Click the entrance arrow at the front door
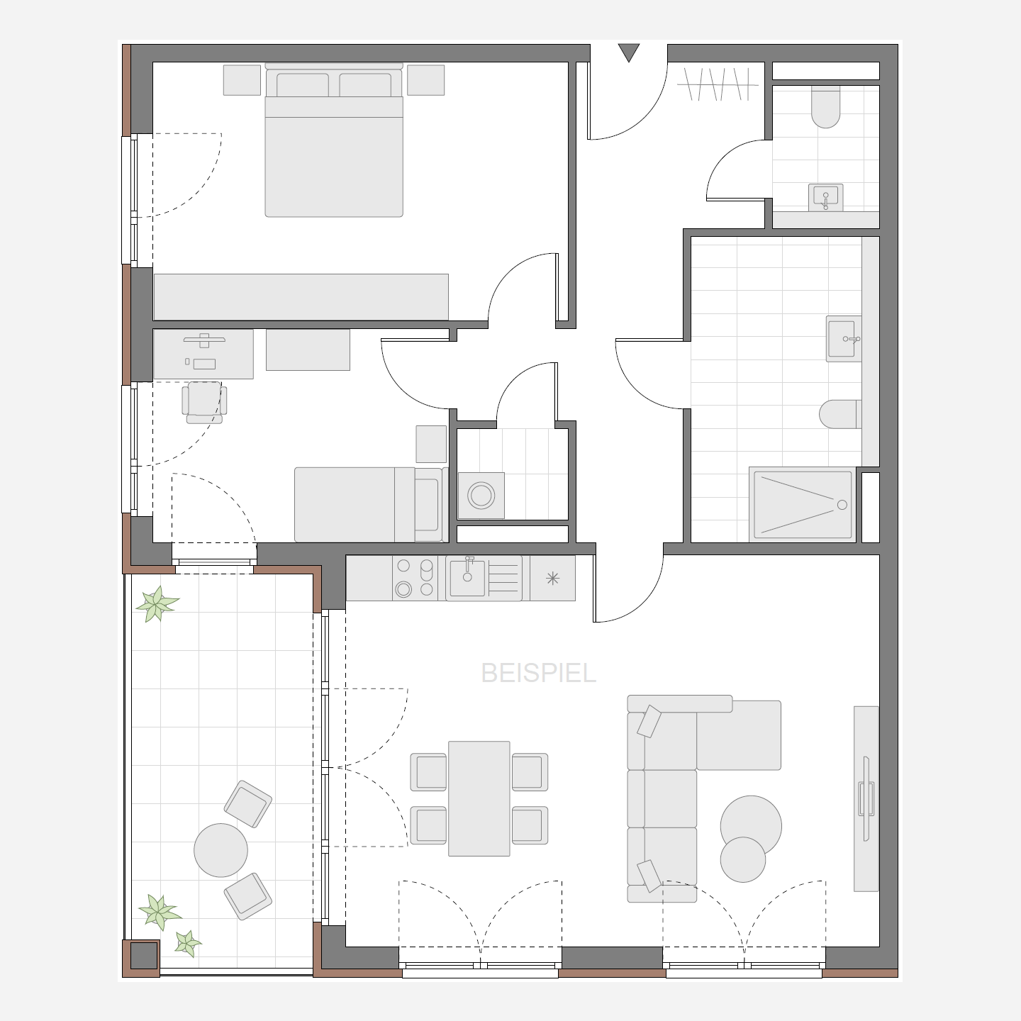point(629,52)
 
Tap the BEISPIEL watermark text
point(538,674)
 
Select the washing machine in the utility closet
point(481,496)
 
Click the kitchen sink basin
point(467,578)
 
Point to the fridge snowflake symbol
point(552,578)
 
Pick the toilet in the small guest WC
point(825,107)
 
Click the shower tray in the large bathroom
point(803,505)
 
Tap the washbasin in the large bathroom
point(844,339)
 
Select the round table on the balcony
point(221,850)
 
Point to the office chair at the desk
point(204,402)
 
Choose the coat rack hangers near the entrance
point(718,84)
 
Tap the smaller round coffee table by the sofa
point(743,859)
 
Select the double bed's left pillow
point(303,85)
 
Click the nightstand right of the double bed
point(425,80)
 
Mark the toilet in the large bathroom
point(840,414)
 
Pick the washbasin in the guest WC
point(825,197)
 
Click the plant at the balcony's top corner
point(157,603)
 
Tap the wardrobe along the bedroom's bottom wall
point(301,296)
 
